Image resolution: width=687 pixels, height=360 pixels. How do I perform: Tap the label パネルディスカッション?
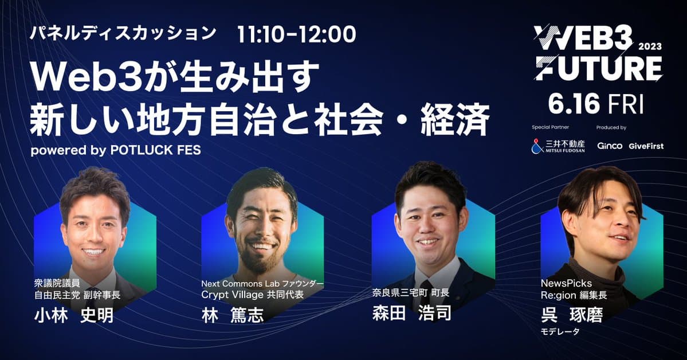[123, 33]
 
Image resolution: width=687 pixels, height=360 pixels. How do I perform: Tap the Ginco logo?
[610, 146]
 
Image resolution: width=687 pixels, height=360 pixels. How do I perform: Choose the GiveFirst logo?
[646, 146]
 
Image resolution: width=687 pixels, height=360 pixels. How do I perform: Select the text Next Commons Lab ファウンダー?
[262, 283]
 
